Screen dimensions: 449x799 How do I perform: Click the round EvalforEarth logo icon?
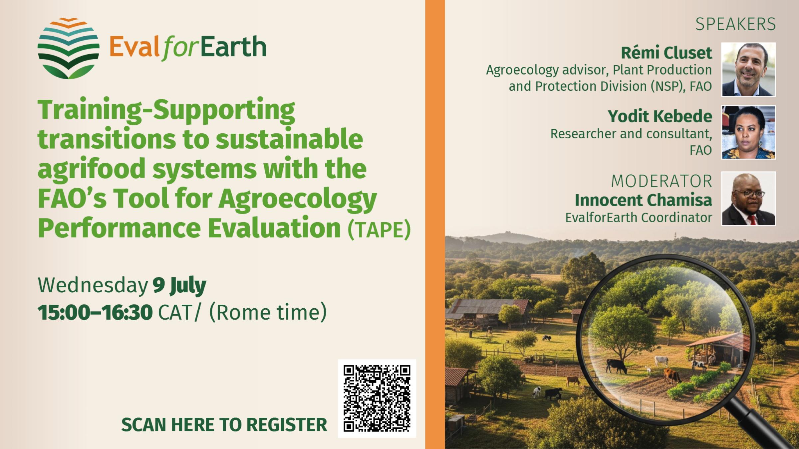(69, 48)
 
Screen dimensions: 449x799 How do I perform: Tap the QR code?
(377, 398)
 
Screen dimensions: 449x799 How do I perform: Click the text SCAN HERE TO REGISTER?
(224, 425)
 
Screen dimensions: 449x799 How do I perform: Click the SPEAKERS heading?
(735, 25)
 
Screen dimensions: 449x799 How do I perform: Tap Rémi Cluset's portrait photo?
(748, 70)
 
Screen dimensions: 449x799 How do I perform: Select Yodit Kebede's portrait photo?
(748, 132)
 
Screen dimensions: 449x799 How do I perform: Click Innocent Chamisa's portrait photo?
(748, 199)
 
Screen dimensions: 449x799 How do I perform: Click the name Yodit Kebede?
(660, 116)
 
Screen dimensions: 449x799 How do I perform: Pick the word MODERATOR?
(661, 182)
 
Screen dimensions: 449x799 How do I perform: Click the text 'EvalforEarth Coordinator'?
(639, 218)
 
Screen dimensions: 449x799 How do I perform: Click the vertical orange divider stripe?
(435, 224)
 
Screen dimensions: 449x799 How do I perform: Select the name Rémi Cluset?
(666, 53)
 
